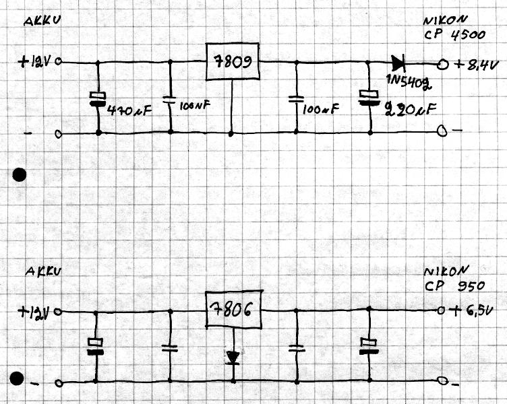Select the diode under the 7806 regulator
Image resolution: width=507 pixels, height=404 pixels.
coord(233,356)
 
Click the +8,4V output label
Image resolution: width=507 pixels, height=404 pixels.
coord(477,65)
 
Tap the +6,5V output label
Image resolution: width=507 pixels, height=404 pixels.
coord(475,312)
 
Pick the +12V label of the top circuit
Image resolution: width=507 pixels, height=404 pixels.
coord(36,62)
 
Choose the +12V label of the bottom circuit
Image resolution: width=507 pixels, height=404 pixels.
coord(36,312)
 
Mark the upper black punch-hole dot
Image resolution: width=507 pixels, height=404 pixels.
coord(20,176)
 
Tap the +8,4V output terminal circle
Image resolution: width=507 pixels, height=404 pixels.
coord(443,65)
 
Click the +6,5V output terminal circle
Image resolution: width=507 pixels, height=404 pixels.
coord(442,311)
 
